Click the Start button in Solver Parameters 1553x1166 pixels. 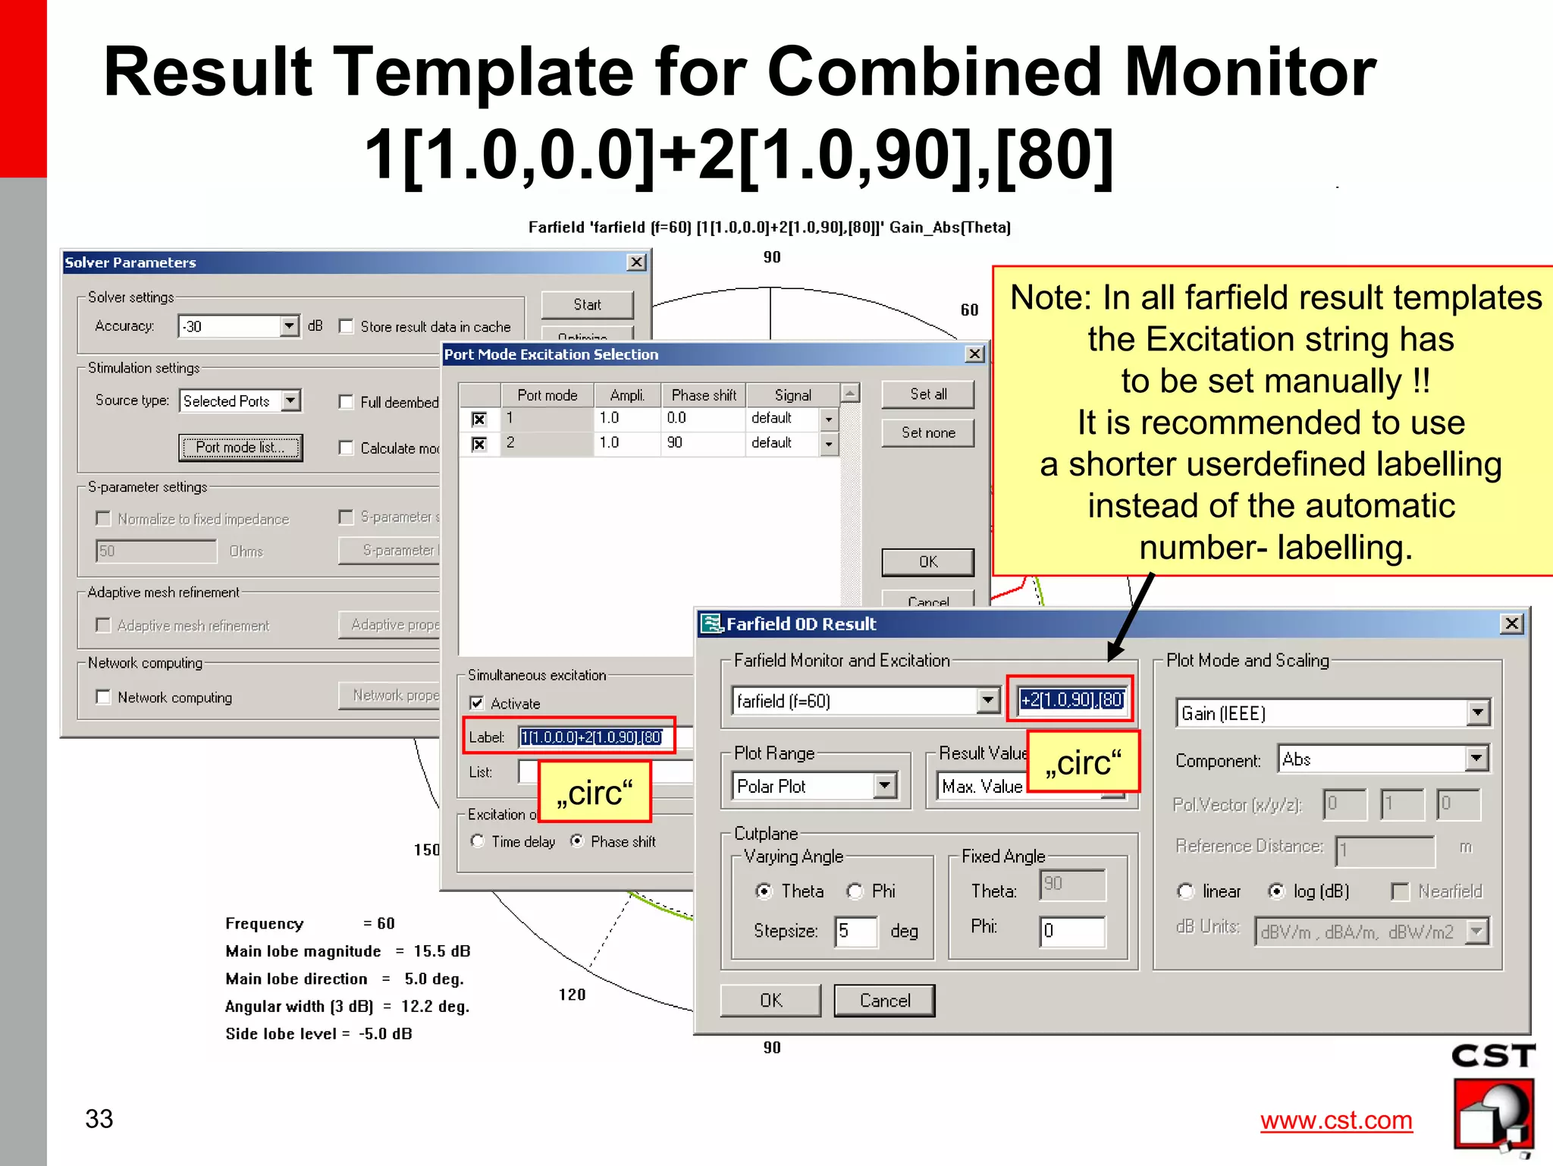tap(587, 305)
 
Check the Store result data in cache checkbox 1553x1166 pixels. tap(347, 327)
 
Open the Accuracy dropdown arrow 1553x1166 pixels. tap(289, 327)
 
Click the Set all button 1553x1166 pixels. tap(927, 394)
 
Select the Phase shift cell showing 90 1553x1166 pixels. tap(701, 443)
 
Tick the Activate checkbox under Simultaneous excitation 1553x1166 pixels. tap(477, 703)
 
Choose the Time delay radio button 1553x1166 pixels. tap(478, 841)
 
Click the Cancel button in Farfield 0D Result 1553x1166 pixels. tap(884, 1001)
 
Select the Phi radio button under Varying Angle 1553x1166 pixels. tap(855, 891)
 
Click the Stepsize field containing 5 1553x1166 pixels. tap(855, 931)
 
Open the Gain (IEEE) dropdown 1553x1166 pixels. tap(1477, 713)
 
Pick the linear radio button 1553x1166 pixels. tap(1185, 891)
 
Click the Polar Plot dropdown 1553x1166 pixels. tap(884, 786)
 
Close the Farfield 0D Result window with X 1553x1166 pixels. tap(1511, 624)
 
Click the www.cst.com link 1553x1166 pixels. tap(1336, 1120)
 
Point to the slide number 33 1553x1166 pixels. tap(99, 1119)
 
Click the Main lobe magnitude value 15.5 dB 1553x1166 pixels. tap(441, 951)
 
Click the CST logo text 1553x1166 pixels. tap(1492, 1056)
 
